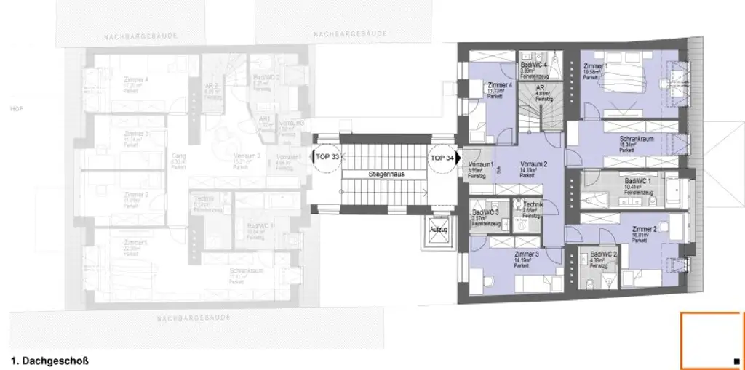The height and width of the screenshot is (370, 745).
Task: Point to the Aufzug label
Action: click(439, 230)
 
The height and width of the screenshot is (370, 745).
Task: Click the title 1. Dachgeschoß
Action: click(49, 359)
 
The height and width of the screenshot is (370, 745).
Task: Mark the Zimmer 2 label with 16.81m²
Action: click(645, 229)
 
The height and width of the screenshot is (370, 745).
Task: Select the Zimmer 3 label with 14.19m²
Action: click(526, 254)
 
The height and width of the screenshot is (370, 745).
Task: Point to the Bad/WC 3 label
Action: click(485, 213)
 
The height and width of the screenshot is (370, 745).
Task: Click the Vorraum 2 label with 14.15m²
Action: click(533, 164)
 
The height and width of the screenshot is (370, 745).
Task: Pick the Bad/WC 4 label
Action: click(534, 65)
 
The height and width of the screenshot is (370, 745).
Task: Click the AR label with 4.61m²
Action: click(540, 87)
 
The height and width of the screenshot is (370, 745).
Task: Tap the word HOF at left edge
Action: click(9, 108)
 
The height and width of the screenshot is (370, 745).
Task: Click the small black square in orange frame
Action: click(736, 361)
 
